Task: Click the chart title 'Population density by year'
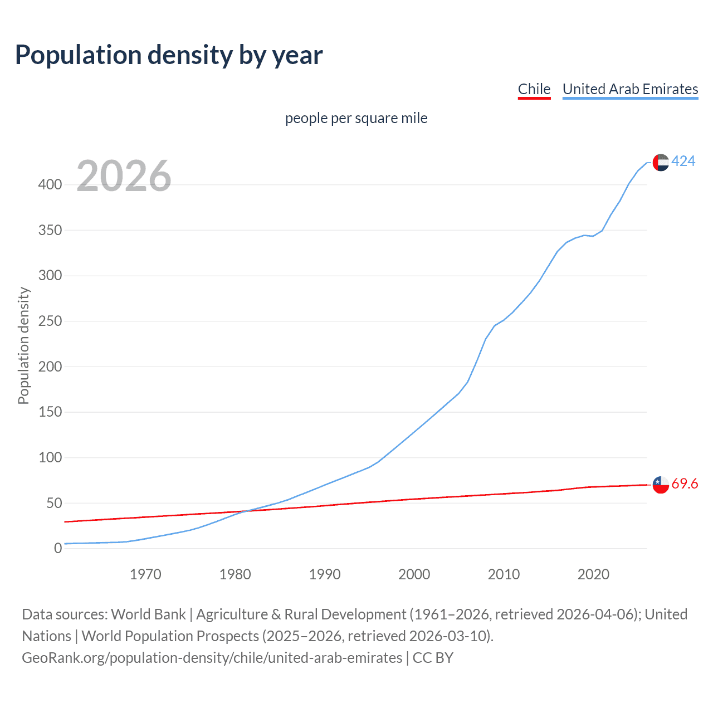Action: [169, 55]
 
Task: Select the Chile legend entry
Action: [534, 89]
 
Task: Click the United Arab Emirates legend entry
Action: [630, 89]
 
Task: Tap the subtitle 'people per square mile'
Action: [356, 118]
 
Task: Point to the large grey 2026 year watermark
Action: [124, 176]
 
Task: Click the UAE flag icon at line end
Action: [661, 162]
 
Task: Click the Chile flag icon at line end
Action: [661, 485]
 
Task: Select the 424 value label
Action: [683, 162]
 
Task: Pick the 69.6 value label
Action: [685, 484]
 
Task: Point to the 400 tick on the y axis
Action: [50, 185]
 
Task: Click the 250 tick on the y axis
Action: [50, 321]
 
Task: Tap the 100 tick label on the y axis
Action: [50, 458]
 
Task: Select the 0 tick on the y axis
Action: [58, 549]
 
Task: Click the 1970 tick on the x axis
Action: [145, 574]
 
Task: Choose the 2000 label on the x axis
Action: [414, 574]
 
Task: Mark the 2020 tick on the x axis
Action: [593, 574]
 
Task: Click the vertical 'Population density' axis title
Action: [23, 345]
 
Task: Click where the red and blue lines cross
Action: [246, 511]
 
